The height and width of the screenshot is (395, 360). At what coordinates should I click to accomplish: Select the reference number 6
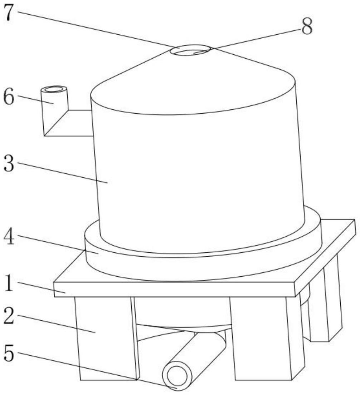coord(9,97)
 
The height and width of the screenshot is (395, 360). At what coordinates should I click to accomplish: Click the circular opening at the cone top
coord(190,50)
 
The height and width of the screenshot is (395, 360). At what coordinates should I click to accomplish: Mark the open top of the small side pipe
coord(54,89)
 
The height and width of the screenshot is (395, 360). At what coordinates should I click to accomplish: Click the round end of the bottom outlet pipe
coord(177,376)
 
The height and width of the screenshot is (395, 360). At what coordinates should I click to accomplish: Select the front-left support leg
coord(107,338)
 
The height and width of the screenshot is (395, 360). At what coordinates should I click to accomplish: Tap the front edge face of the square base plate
coord(175,290)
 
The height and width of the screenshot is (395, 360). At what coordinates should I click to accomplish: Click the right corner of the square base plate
coord(355,220)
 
